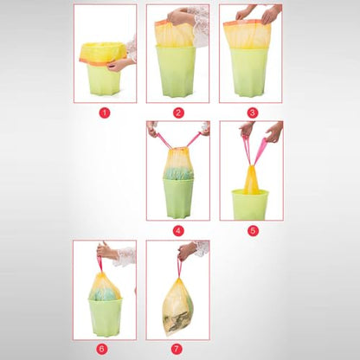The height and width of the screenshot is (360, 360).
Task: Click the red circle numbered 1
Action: click(105, 112)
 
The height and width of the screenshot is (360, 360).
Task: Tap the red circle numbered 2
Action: click(178, 112)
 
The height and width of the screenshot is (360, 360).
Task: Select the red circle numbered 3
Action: click(252, 112)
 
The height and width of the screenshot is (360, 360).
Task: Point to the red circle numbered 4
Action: click(178, 230)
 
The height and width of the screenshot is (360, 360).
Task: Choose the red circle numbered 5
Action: click(253, 230)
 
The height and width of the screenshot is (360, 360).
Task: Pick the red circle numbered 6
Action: click(101, 349)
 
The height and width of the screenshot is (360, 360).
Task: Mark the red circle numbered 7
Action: click(177, 349)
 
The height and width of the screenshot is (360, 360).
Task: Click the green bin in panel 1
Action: click(104, 80)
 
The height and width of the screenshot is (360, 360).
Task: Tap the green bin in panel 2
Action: click(176, 71)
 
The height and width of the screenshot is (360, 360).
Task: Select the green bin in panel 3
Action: click(249, 72)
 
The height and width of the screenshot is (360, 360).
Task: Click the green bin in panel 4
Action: click(178, 197)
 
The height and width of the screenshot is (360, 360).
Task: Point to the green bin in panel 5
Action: click(250, 204)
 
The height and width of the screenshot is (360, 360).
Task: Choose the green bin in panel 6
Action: click(105, 318)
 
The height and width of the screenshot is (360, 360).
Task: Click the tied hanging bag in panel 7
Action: click(177, 306)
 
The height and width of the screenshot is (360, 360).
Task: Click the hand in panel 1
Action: click(119, 65)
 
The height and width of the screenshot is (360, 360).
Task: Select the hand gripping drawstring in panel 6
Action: click(106, 252)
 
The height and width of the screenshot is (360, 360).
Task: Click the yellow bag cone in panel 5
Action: click(251, 179)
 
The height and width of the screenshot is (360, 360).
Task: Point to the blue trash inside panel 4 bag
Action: click(179, 174)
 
